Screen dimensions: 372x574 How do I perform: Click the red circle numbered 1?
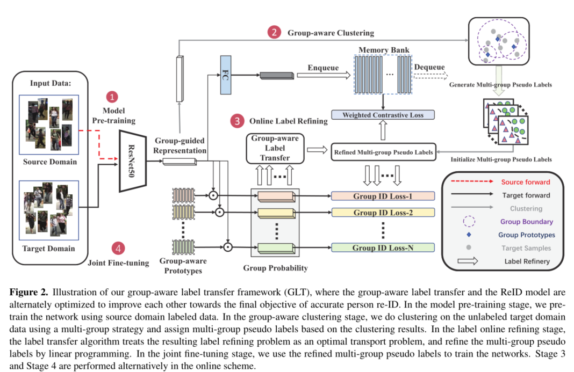point(112,97)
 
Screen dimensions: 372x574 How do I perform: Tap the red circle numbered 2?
point(274,32)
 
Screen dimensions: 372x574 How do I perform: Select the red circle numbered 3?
point(237,121)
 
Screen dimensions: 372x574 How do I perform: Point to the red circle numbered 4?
point(118,248)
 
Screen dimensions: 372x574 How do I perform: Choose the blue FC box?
point(226,74)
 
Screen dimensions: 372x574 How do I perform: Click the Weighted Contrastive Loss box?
point(382,115)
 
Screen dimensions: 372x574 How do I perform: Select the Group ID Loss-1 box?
point(382,196)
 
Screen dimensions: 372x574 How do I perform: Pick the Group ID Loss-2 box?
point(382,213)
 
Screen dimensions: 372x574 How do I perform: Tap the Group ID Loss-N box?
point(382,247)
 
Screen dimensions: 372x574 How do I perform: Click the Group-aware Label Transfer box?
point(275,148)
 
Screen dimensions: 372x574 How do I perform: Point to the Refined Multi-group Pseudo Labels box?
point(383,152)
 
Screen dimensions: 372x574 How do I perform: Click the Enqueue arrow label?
point(323,68)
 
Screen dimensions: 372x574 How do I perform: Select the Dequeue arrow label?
point(429,67)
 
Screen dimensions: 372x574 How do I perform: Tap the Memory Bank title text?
point(384,50)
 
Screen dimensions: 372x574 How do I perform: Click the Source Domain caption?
point(50,162)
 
